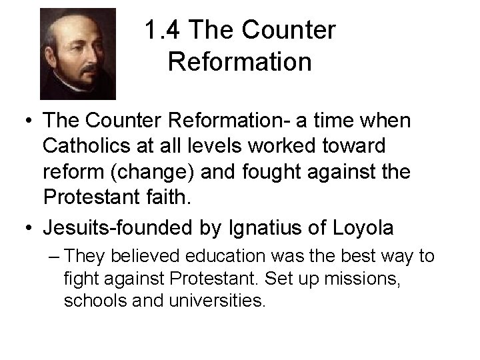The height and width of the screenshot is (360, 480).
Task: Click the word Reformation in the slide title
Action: tap(240, 62)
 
